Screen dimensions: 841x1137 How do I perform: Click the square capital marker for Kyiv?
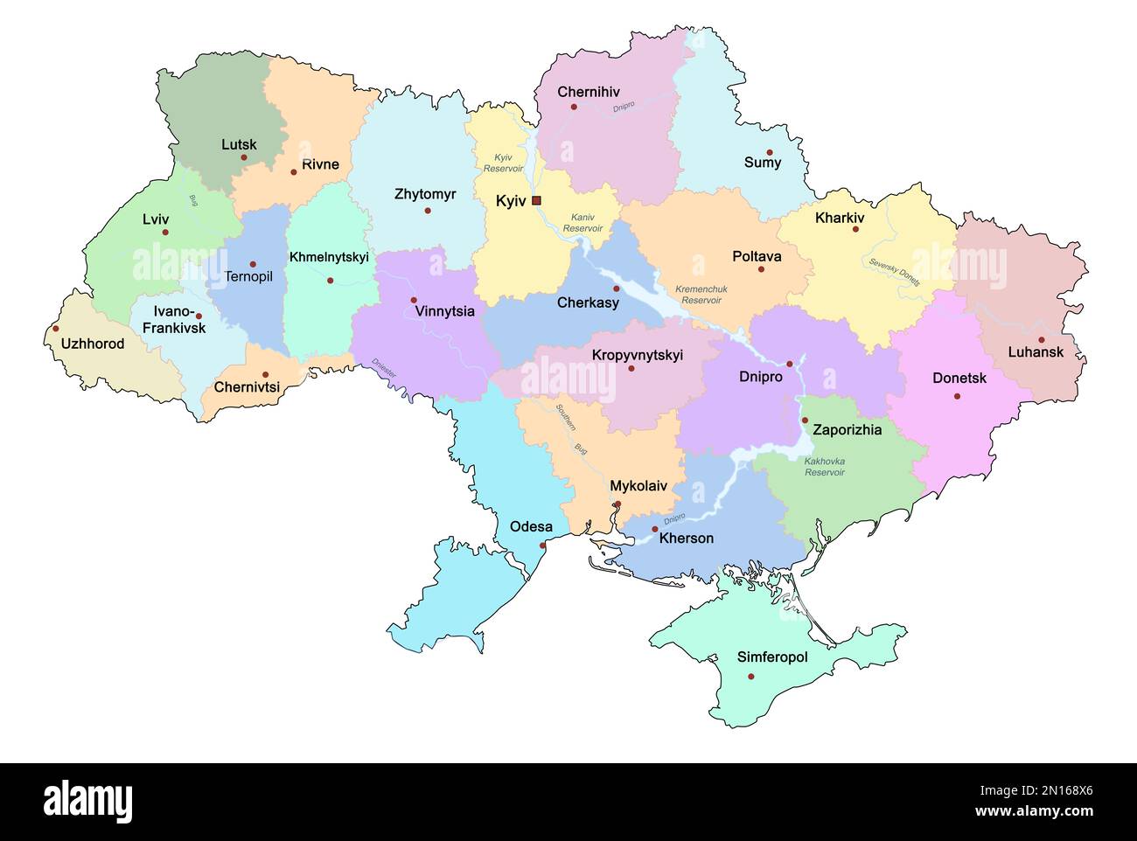(536, 200)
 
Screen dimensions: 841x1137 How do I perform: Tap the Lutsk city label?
(239, 144)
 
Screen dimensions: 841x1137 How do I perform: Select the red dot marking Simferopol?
(751, 676)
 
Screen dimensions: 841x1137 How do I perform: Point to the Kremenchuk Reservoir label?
(701, 295)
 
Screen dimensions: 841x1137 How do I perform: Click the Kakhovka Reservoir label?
(825, 466)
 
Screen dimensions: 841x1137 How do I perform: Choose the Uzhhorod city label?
(93, 344)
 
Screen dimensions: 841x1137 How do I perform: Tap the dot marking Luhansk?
(1041, 340)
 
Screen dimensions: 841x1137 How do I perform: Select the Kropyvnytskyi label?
(638, 355)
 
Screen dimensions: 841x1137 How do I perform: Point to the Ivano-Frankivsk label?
(179, 320)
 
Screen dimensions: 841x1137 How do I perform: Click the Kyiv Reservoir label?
(503, 163)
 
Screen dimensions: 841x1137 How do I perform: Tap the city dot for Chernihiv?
(574, 108)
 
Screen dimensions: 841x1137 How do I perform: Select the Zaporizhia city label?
(848, 430)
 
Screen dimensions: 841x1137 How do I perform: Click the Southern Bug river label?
(568, 428)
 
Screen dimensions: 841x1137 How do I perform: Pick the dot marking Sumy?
(771, 152)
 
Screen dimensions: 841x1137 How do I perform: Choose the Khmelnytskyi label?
(329, 257)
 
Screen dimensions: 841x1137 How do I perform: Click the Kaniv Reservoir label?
(582, 222)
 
